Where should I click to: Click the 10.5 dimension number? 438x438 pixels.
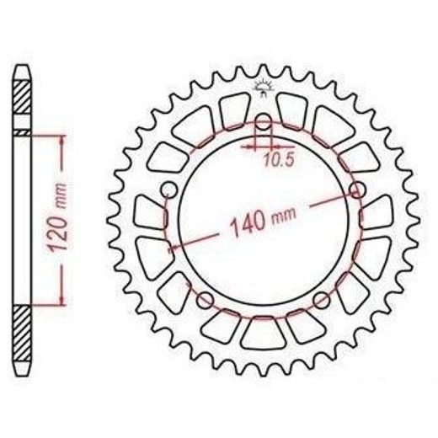pyautogui.click(x=279, y=160)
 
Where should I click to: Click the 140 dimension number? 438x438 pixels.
pyautogui.click(x=248, y=223)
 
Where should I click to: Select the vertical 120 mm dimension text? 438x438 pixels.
pyautogui.click(x=56, y=217)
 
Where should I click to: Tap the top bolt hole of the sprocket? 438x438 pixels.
pyautogui.click(x=263, y=122)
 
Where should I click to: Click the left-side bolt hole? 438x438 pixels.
pyautogui.click(x=169, y=190)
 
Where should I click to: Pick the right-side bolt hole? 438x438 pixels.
pyautogui.click(x=357, y=190)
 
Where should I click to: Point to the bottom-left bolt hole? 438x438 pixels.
pyautogui.click(x=205, y=301)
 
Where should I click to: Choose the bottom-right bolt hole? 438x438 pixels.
pyautogui.click(x=322, y=301)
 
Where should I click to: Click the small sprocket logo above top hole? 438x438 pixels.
pyautogui.click(x=263, y=88)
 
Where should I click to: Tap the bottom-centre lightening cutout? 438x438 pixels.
pyautogui.click(x=264, y=333)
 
